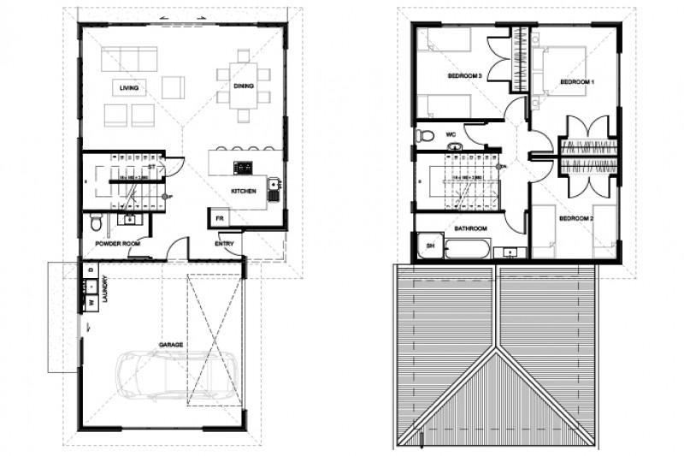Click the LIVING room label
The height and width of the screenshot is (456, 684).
coord(129,87)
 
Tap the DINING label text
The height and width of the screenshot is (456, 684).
coord(245,86)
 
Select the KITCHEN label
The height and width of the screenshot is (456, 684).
coord(244,192)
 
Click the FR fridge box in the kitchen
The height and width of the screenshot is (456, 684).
coord(219,218)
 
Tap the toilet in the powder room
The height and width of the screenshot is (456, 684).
coord(98,222)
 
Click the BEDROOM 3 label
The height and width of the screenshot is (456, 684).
coord(466,77)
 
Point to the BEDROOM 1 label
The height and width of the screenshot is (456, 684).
coord(577,82)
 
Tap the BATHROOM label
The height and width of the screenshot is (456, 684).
coord(470,228)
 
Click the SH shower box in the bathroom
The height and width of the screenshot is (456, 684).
coord(429,248)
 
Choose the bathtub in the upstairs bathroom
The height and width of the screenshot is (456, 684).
coord(468,250)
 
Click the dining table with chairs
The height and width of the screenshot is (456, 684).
coord(244,86)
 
